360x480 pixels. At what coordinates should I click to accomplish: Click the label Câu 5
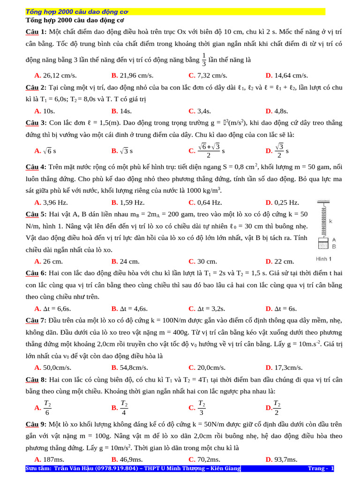click(x=36, y=214)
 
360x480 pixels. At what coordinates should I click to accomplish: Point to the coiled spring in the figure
click(x=322, y=220)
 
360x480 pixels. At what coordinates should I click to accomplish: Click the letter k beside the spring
click(x=330, y=220)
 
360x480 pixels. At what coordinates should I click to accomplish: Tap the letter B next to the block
click(x=334, y=246)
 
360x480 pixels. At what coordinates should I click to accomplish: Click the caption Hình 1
click(x=323, y=259)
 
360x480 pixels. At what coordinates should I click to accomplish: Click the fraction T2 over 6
click(x=47, y=407)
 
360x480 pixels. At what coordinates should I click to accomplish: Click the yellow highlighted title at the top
click(x=77, y=12)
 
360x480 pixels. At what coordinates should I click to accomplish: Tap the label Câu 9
click(x=36, y=424)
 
